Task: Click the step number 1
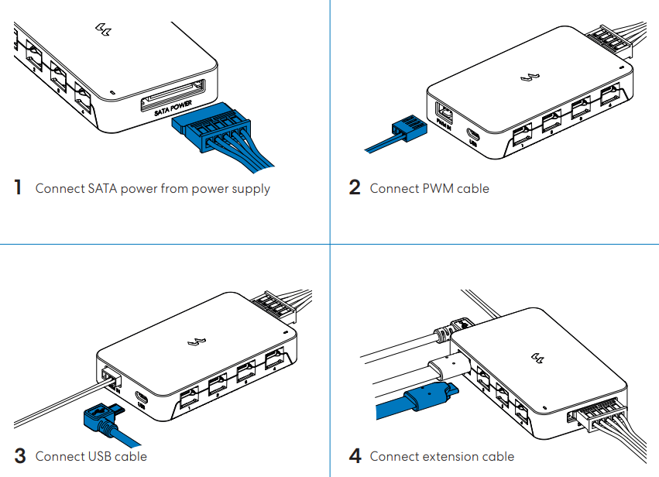coord(18,188)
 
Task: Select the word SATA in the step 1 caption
coord(96,188)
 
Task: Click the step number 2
coord(355,188)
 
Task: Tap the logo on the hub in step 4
coord(537,355)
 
